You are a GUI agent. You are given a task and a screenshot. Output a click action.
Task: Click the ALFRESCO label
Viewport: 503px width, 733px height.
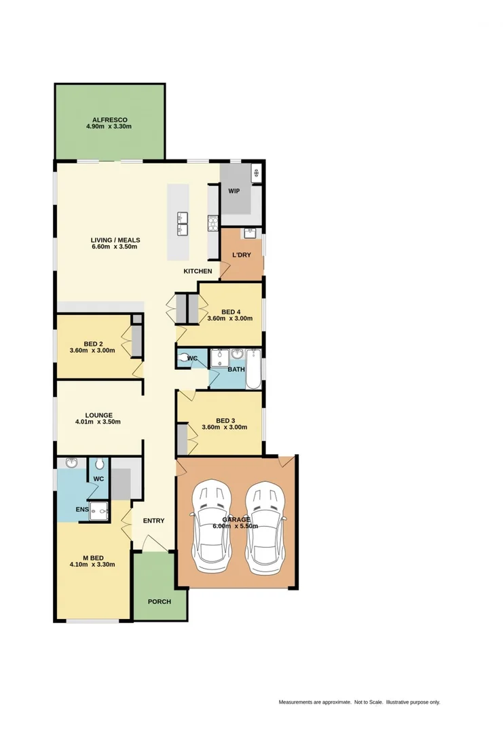click(109, 119)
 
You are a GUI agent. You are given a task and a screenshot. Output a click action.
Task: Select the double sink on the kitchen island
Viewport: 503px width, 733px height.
click(183, 223)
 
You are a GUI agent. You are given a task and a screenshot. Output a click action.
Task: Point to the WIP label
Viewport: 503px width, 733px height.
click(234, 191)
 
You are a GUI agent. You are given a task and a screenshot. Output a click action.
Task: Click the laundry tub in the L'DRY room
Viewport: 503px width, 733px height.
click(250, 233)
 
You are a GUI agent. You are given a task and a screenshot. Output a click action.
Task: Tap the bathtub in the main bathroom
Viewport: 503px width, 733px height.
click(253, 369)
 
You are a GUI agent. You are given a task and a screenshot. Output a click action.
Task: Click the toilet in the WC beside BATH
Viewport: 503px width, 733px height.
click(185, 358)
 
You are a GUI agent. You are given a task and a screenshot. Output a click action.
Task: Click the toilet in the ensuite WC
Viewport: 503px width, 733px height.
click(99, 465)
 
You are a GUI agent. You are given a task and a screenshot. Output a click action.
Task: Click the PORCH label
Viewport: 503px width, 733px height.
click(160, 601)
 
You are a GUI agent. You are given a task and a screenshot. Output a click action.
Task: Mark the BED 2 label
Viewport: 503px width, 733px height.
click(94, 343)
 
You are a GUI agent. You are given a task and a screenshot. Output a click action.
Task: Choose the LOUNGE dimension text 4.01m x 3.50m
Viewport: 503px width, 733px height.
click(98, 422)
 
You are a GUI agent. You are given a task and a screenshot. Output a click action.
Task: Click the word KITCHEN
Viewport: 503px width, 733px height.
click(198, 271)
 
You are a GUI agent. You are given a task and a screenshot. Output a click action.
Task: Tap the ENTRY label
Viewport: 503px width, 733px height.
click(153, 521)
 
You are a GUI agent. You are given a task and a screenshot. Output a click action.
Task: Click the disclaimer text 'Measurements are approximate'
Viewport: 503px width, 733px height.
click(315, 702)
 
